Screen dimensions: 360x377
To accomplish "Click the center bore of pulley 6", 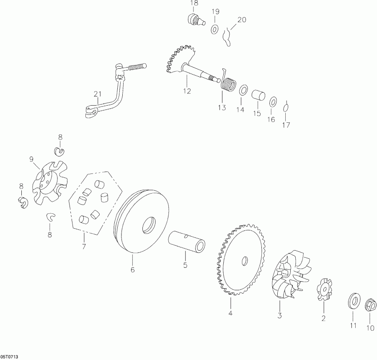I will coord(149,227).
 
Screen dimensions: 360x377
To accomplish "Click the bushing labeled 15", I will coord(259,94).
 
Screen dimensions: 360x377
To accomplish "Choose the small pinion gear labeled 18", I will coord(193,19).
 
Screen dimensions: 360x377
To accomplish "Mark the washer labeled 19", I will coord(214,29).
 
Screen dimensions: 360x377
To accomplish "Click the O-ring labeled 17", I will coord(286,107).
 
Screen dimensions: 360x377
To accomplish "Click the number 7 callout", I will coord(84,246).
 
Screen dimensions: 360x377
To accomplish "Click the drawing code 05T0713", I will coord(9,356).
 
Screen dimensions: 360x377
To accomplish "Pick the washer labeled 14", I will coord(243,91).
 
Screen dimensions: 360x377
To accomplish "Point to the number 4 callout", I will coord(230,312).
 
